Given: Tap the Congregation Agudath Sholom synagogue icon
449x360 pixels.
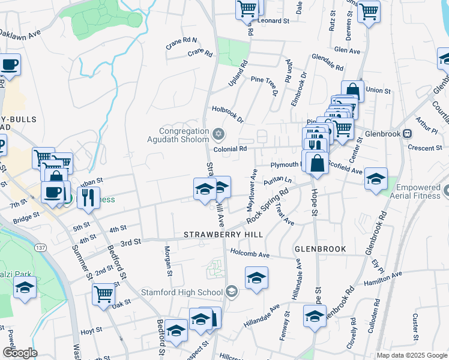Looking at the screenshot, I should coord(218,133).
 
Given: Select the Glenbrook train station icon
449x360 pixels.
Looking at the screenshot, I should coord(408,133).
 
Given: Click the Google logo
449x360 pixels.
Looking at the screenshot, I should coord(19,352).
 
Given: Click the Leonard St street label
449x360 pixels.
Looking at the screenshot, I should coord(274,20).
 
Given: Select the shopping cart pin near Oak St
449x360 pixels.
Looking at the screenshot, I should coord(104,295).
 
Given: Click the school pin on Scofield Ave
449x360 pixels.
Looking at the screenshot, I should coord(376,179).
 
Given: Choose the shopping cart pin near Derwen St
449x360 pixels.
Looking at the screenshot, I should coord(368,11).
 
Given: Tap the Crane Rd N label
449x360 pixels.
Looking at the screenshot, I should coord(181,41).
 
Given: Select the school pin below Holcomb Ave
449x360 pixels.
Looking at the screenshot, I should coord(256,278).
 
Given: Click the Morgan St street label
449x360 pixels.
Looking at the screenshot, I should coord(169,260).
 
